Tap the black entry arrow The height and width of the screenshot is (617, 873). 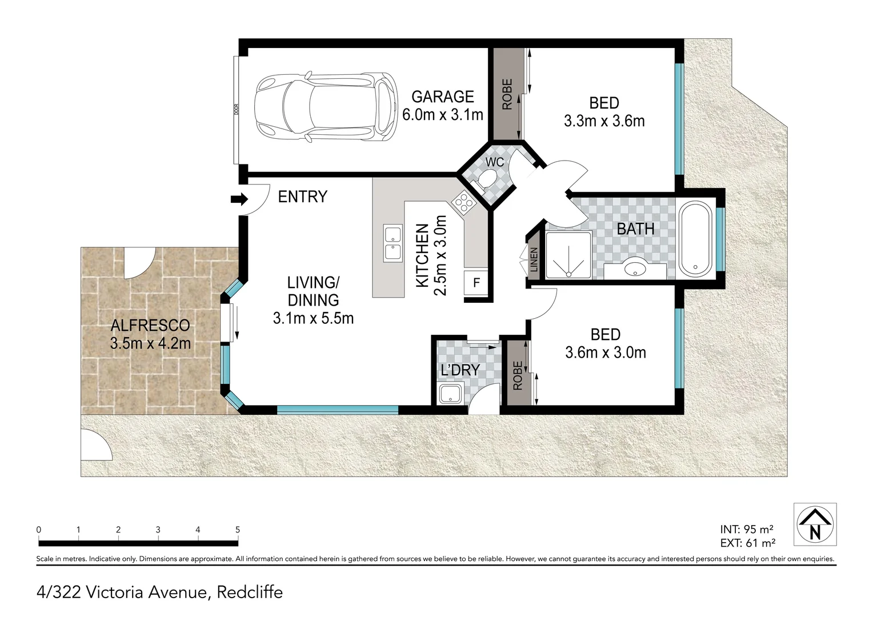click(239, 199)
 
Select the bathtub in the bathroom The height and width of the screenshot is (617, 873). click(696, 239)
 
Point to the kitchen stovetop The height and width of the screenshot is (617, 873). click(464, 202)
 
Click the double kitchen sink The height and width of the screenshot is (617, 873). click(393, 243)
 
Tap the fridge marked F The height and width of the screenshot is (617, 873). click(476, 283)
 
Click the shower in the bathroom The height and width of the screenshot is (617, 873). click(568, 255)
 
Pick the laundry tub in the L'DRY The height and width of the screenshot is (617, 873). click(451, 394)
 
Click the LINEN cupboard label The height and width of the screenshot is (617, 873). click(534, 259)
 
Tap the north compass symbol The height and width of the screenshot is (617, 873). click(815, 524)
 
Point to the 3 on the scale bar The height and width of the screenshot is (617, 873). click(158, 530)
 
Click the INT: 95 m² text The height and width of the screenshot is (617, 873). click(746, 529)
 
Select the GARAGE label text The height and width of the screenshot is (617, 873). click(443, 97)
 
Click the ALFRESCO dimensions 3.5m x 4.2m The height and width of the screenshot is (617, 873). click(150, 343)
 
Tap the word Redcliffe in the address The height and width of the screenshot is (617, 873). click(250, 592)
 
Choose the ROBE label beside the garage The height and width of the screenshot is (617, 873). click(507, 94)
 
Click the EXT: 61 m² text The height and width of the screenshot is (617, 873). click(747, 543)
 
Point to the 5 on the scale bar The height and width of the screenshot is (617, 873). click(237, 530)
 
